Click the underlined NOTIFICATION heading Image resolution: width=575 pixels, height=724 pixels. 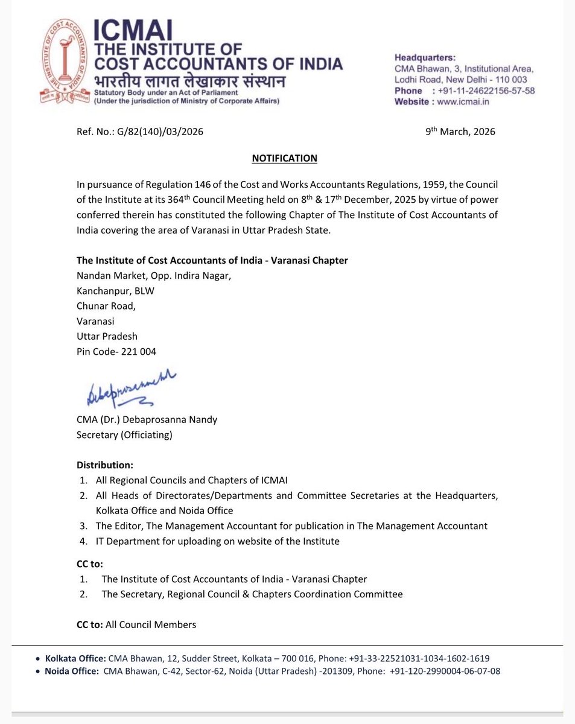click(x=284, y=158)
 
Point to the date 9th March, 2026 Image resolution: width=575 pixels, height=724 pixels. click(x=460, y=132)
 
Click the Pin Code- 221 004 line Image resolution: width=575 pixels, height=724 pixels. click(x=116, y=351)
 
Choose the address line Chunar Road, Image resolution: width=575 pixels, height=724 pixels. click(x=106, y=306)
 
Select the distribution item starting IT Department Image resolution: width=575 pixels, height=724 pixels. click(x=217, y=541)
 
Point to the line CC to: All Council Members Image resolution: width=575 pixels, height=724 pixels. click(x=136, y=624)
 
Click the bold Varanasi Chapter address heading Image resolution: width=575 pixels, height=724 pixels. click(x=212, y=260)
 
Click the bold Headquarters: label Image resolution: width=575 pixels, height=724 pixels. click(x=425, y=58)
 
